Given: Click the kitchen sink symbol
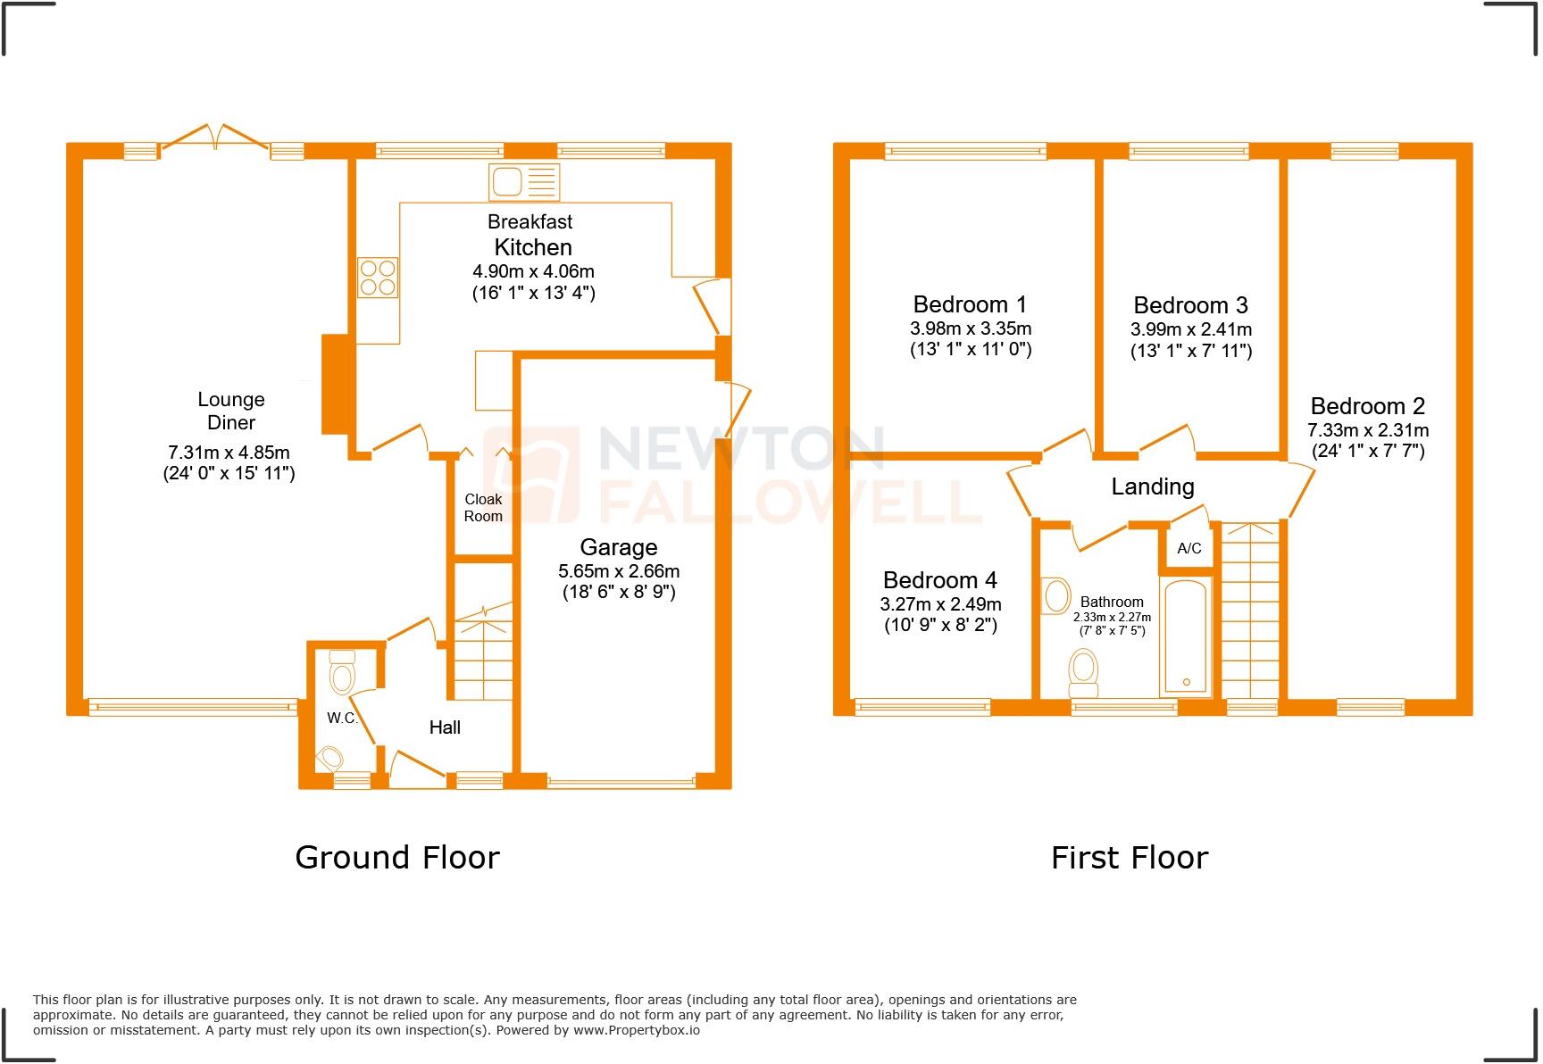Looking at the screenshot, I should click(523, 182).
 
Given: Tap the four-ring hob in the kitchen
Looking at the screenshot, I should click(378, 277).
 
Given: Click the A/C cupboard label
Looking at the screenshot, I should click(1189, 549).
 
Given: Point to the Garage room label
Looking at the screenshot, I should click(618, 547).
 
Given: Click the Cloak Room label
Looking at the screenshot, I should click(483, 508).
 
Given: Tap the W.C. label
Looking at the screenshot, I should click(341, 719).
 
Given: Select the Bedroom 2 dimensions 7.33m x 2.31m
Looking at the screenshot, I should click(1368, 430).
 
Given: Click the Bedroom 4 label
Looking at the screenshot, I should click(939, 581).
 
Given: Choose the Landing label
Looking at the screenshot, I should click(1152, 486).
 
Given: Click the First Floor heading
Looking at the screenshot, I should click(1129, 858).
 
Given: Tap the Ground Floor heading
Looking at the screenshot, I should click(396, 858).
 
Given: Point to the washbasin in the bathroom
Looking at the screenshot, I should click(1056, 595).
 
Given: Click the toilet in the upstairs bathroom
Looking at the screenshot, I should click(1083, 671).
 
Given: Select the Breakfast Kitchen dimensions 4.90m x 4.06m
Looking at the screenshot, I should click(533, 271).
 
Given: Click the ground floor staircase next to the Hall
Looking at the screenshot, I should click(483, 656).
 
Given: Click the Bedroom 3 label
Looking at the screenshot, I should click(1190, 306).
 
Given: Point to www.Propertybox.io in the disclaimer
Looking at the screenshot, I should click(636, 1030).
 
